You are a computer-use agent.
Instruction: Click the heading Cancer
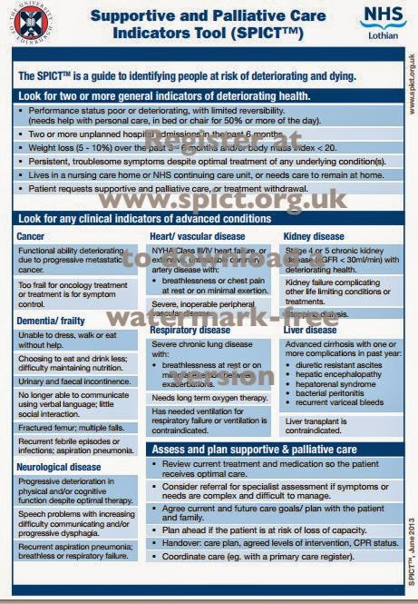[x=31, y=236]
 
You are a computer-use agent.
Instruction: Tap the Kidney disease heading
[x=314, y=236]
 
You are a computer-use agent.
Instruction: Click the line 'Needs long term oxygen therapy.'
[x=209, y=398]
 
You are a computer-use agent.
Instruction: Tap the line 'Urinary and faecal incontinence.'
[x=75, y=382]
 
